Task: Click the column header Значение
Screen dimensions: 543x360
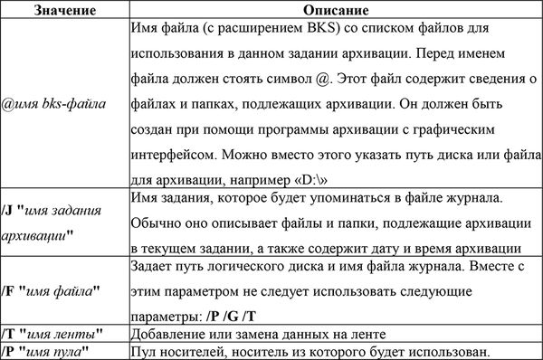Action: (x=63, y=9)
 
